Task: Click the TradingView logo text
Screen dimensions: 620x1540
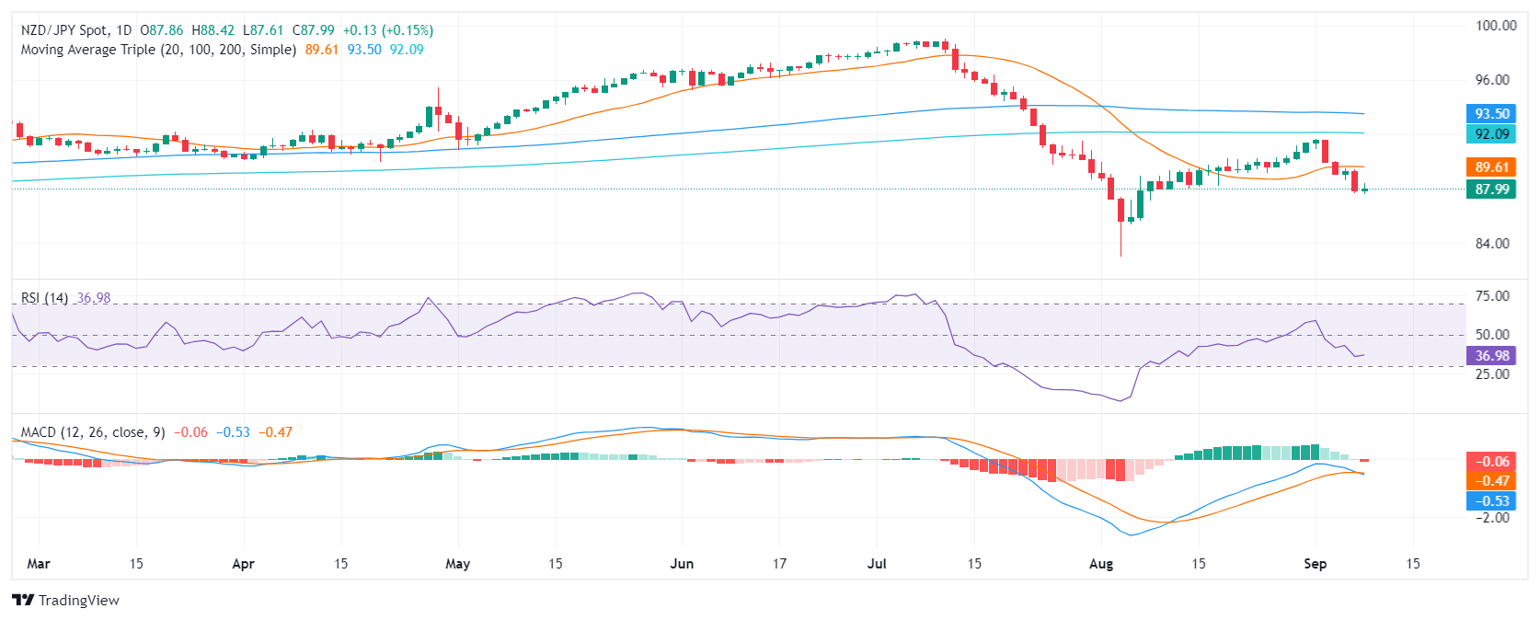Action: pyautogui.click(x=78, y=601)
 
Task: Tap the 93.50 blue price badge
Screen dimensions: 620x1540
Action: pyautogui.click(x=1491, y=114)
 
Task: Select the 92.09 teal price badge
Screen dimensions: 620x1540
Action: pyautogui.click(x=1491, y=134)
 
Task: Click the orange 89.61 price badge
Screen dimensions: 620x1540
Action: pyautogui.click(x=1491, y=167)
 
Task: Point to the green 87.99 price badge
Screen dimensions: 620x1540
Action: pyautogui.click(x=1491, y=189)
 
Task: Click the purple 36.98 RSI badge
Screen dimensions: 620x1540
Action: pyautogui.click(x=1491, y=356)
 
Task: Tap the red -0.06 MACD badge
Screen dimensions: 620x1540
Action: pyautogui.click(x=1491, y=462)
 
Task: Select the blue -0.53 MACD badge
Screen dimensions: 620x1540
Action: pyautogui.click(x=1491, y=501)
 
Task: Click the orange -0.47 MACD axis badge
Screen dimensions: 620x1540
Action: pyautogui.click(x=1491, y=481)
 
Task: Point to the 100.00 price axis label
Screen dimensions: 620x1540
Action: pyautogui.click(x=1496, y=26)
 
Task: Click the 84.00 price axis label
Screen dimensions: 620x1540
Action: pyautogui.click(x=1492, y=244)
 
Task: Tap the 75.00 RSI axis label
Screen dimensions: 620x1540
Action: pyautogui.click(x=1492, y=296)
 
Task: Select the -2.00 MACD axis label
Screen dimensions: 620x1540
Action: pyautogui.click(x=1492, y=518)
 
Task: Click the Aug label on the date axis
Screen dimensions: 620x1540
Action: pyautogui.click(x=1100, y=564)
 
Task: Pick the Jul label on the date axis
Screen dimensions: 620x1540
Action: pyautogui.click(x=877, y=564)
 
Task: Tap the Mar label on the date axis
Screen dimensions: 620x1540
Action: pyautogui.click(x=39, y=564)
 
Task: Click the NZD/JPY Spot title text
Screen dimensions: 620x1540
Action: pyautogui.click(x=64, y=30)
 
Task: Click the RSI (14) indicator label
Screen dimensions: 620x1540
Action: pyautogui.click(x=44, y=298)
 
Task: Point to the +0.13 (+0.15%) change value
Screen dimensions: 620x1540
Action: pyautogui.click(x=387, y=30)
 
